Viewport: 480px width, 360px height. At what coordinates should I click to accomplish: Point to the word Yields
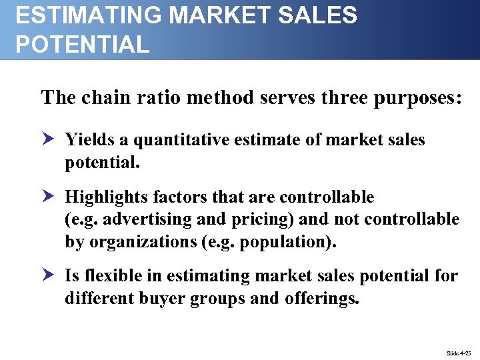[x=88, y=140]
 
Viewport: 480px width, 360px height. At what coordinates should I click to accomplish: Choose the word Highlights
[x=107, y=197]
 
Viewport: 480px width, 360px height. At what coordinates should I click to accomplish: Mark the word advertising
[x=141, y=219]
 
